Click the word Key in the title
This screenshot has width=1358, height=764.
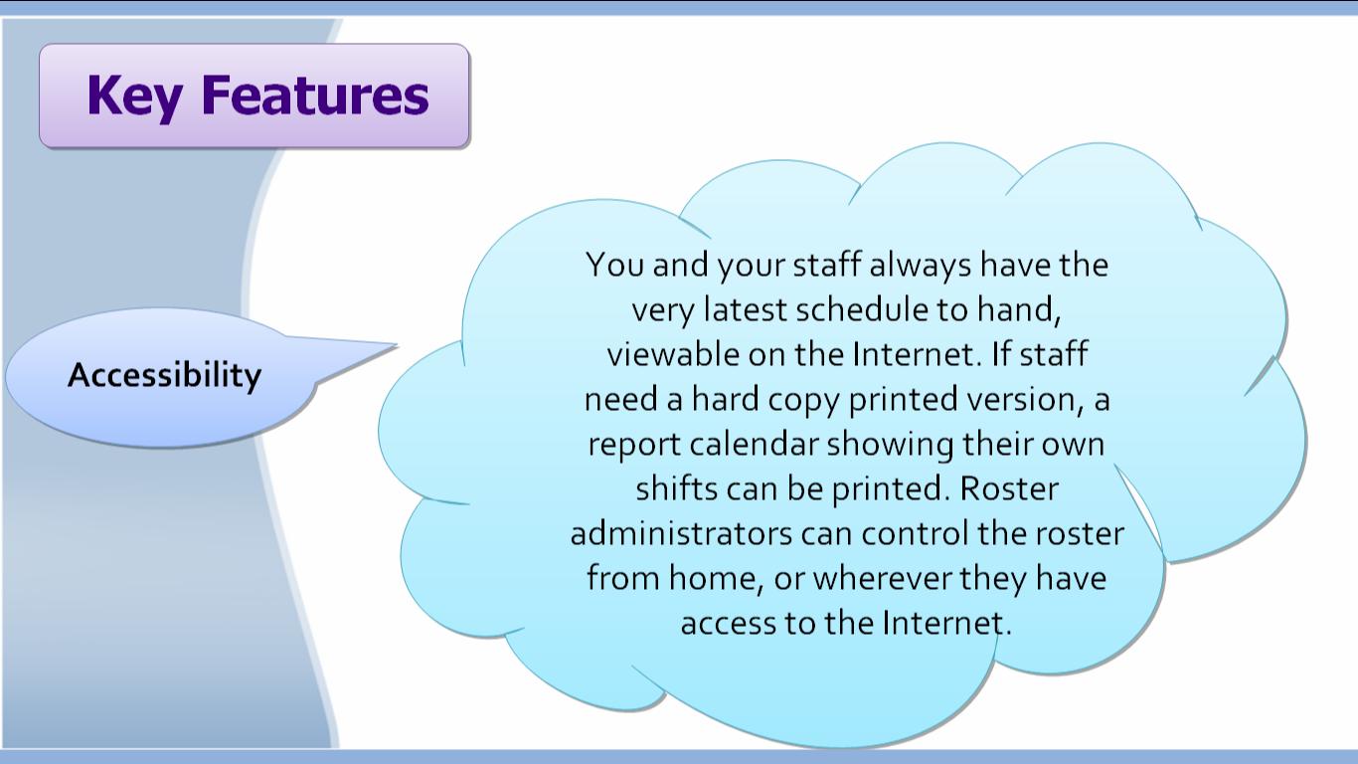134,95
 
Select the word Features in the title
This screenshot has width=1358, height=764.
314,95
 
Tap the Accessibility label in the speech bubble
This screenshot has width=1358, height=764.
164,376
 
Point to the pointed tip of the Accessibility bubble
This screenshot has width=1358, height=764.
398,345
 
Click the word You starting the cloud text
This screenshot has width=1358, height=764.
614,265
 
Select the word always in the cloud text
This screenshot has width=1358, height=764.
921,266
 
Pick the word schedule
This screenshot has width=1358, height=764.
862,309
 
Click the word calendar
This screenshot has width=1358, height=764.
754,445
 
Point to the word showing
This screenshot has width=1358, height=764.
890,446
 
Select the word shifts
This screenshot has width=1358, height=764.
677,489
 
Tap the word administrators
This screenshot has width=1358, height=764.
681,534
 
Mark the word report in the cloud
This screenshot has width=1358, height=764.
634,446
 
